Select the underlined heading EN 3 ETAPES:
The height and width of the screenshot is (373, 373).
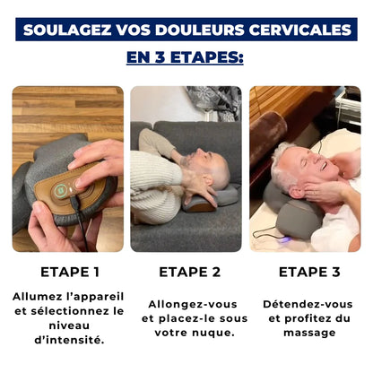[x=185, y=57]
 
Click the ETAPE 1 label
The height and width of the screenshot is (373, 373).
[x=70, y=272]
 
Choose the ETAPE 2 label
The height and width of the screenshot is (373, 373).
[x=189, y=272]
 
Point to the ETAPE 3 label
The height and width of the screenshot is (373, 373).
[x=309, y=272]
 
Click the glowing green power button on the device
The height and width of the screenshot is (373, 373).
[x=61, y=190]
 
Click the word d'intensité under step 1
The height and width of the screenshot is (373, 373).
[x=69, y=340]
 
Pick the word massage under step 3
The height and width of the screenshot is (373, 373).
[x=309, y=333]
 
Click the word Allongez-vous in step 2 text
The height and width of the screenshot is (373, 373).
[x=193, y=304]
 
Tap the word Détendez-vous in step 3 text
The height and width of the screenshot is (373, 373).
[x=308, y=304]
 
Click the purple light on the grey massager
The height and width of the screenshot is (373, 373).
[x=286, y=239]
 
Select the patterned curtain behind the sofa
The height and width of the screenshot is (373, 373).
[x=214, y=103]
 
